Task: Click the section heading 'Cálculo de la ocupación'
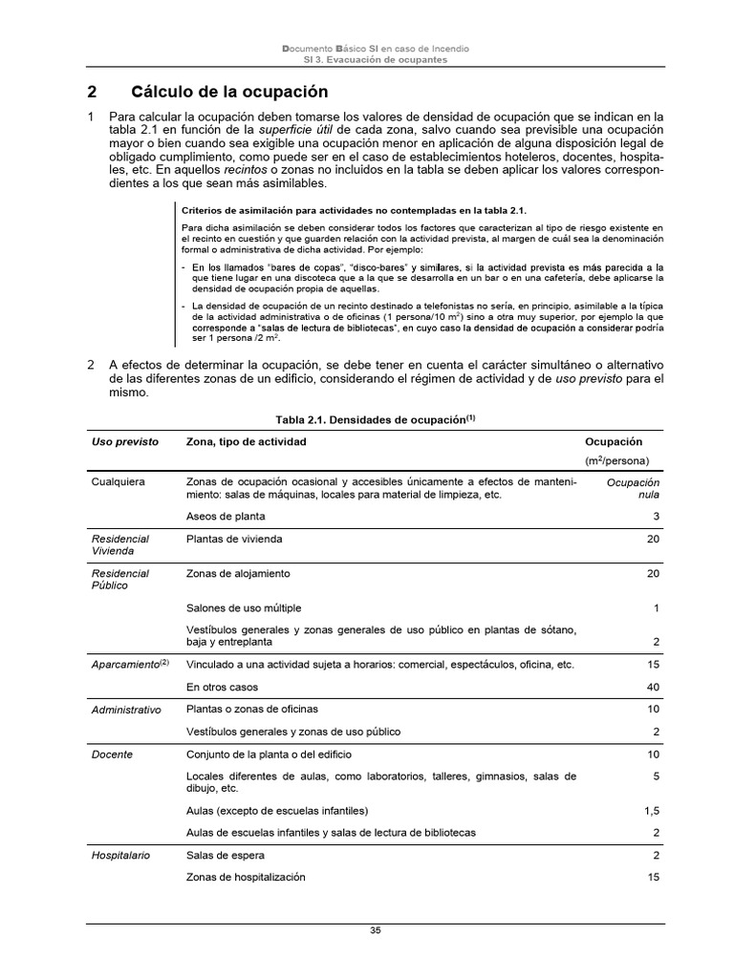228,93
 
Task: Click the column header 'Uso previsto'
124,442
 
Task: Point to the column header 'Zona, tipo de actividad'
247,442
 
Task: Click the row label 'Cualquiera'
119,482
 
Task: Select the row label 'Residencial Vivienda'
119,544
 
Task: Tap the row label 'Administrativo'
126,710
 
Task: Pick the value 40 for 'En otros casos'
653,687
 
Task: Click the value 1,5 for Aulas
652,811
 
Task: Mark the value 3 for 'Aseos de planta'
656,517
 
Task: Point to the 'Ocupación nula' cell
633,489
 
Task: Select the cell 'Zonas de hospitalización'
246,878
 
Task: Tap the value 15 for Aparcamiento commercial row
653,664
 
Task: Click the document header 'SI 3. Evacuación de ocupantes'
375,59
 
